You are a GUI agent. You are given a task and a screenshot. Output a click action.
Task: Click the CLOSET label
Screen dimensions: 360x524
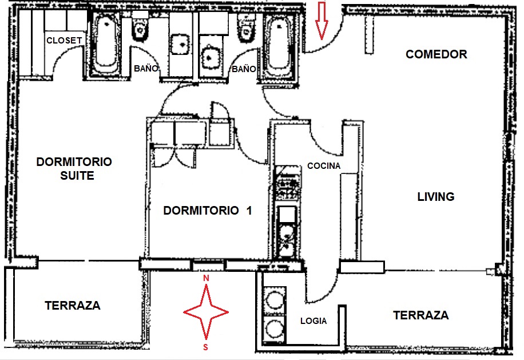tap(64, 40)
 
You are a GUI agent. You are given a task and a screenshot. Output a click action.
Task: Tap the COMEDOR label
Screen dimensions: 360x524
tap(436, 54)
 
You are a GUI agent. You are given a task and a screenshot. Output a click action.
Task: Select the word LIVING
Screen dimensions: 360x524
tap(435, 197)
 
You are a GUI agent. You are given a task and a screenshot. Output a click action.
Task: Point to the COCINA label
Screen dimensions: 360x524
tap(323, 166)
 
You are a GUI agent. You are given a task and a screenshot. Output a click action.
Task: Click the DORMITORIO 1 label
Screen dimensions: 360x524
tap(207, 211)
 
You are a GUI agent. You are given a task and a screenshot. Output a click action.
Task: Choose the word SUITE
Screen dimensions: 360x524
tap(77, 176)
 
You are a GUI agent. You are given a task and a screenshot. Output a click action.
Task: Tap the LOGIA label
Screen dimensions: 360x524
tap(313, 321)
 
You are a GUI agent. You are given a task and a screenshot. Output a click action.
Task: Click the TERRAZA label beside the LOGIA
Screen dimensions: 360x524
tap(420, 315)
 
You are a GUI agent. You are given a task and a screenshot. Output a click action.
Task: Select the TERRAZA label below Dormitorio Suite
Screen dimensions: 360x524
tap(72, 306)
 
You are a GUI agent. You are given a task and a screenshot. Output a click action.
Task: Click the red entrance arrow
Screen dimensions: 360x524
tap(321, 20)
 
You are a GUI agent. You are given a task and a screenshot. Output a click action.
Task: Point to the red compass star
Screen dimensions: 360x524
tap(206, 312)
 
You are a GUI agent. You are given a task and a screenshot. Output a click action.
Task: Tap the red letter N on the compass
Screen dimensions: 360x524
tap(207, 278)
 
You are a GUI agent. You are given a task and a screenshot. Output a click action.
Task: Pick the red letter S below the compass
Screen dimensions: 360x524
tap(206, 347)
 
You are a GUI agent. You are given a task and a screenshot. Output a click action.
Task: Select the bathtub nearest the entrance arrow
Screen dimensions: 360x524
tap(279, 45)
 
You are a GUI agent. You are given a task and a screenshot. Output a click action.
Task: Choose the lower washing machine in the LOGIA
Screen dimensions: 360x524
tap(275, 329)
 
